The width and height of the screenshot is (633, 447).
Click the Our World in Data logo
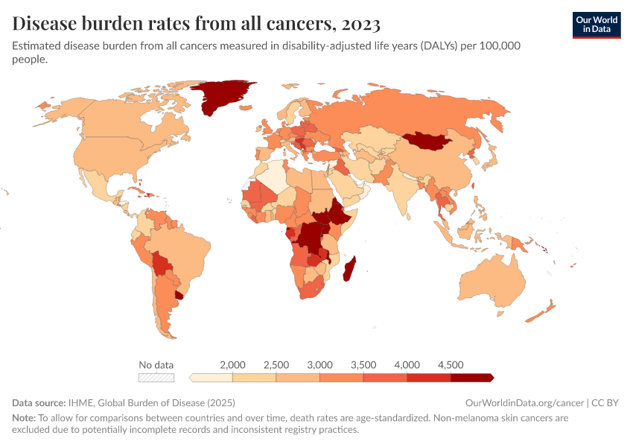[x=596, y=25]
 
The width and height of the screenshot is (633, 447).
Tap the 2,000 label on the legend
[x=233, y=365]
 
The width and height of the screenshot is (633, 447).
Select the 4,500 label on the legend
[x=451, y=365]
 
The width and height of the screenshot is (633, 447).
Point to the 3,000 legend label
[x=320, y=365]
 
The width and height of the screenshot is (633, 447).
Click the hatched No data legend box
[x=156, y=378]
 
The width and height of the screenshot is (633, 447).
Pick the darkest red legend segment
[x=471, y=378]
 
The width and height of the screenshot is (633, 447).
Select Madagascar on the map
[x=349, y=268]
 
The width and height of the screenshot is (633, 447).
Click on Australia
[x=491, y=282]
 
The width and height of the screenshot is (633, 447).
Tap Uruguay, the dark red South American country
[x=179, y=296]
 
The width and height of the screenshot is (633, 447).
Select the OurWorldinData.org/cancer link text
[x=524, y=403]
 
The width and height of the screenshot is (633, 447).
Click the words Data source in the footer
[x=38, y=403]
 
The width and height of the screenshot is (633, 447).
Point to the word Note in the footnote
[x=23, y=418]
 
